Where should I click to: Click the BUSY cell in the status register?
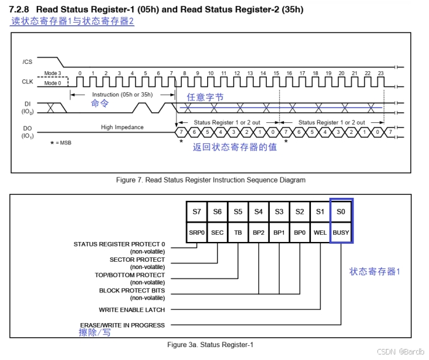tap(341, 233)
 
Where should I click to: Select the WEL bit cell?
tap(320, 233)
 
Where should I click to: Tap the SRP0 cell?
tap(197, 233)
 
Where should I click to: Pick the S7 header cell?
tap(197, 212)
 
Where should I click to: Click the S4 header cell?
tap(259, 212)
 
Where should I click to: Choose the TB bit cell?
tap(238, 233)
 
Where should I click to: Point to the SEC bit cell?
tap(218, 233)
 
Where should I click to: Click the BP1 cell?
tap(279, 233)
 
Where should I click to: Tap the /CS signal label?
tap(27, 61)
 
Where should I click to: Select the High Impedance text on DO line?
tap(122, 127)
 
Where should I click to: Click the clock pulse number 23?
tap(380, 73)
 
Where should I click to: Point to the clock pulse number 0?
tap(79, 73)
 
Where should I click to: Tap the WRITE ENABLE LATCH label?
tap(132, 310)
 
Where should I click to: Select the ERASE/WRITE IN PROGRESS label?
tap(122, 325)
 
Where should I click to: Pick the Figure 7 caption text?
tap(211, 180)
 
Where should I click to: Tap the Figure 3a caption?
tap(210, 345)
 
